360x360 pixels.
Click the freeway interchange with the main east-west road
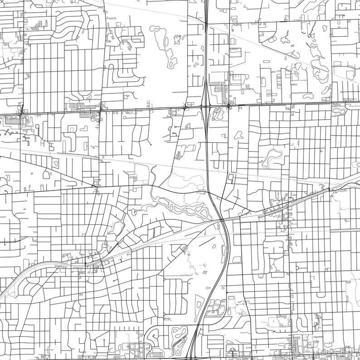coord(206,107)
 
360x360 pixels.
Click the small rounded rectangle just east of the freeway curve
coord(236,259)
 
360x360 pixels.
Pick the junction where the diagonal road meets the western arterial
coord(96,184)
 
